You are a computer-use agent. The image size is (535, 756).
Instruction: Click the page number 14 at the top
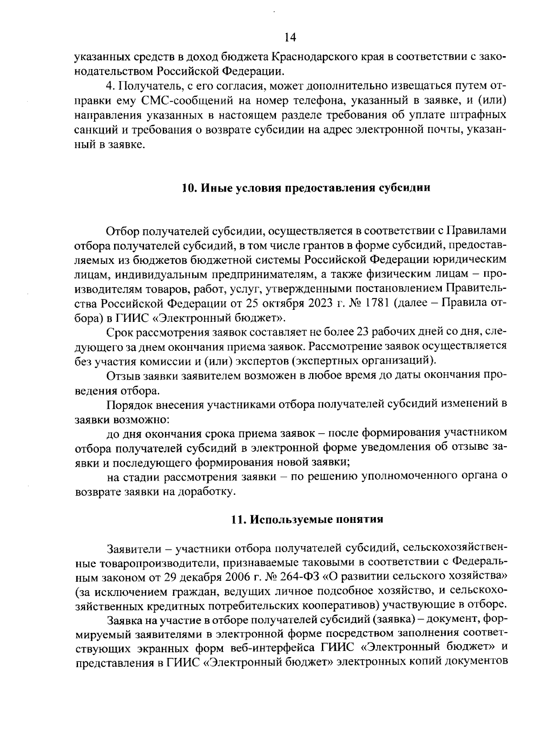pyautogui.click(x=290, y=37)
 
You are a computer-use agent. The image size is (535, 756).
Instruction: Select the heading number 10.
pyautogui.click(x=188, y=188)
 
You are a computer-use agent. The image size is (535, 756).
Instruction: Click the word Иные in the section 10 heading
pyautogui.click(x=213, y=188)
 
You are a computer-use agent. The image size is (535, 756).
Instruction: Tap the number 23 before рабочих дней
pyautogui.click(x=364, y=333)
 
